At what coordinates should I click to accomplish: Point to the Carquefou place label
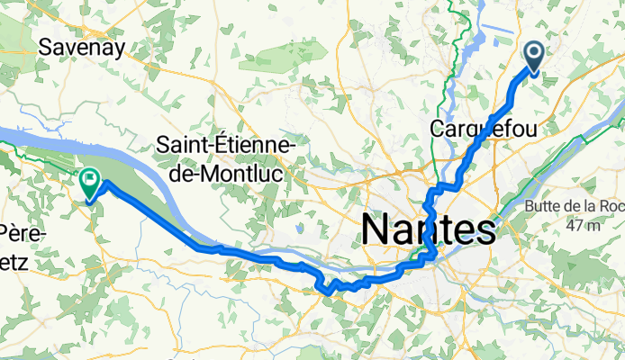[x=484, y=130]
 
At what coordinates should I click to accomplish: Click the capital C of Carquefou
[x=439, y=130]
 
